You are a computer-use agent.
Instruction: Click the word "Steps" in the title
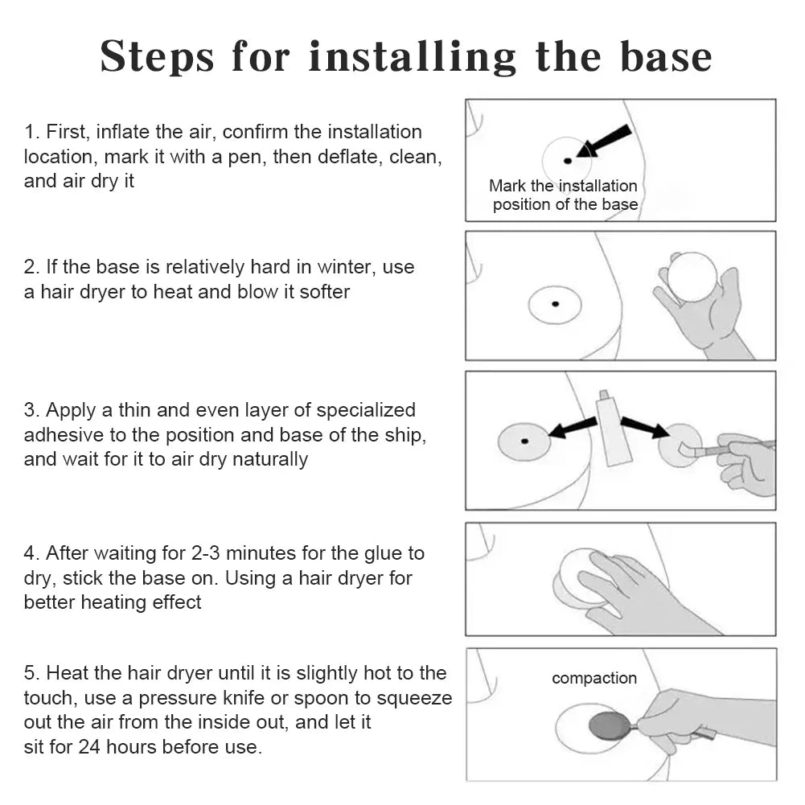tap(157, 58)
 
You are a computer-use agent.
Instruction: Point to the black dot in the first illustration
tap(567, 161)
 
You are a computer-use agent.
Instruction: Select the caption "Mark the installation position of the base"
tap(563, 195)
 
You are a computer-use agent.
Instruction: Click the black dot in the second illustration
tap(555, 304)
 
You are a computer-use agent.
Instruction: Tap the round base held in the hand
tap(692, 277)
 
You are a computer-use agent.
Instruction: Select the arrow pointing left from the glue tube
tap(573, 428)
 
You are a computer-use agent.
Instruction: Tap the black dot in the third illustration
tap(524, 441)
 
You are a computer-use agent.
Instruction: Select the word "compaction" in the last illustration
tap(594, 678)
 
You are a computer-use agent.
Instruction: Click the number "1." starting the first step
tap(32, 132)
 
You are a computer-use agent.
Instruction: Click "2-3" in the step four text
tap(206, 553)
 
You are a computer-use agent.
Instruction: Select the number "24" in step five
tap(88, 747)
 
